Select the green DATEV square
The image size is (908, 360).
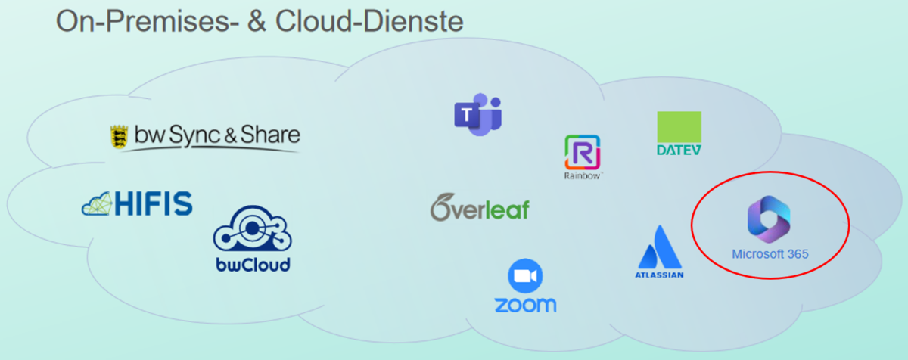click(x=679, y=128)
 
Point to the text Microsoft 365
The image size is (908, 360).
click(x=770, y=254)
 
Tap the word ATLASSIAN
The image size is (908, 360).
click(x=660, y=275)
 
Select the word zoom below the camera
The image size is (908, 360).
click(x=525, y=305)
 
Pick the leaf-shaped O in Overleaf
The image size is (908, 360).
click(x=443, y=207)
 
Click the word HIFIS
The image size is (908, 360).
click(x=153, y=203)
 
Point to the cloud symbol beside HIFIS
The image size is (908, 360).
click(x=97, y=203)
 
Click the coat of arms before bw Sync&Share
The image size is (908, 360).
click(x=120, y=135)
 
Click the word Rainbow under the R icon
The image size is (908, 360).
click(x=581, y=176)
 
